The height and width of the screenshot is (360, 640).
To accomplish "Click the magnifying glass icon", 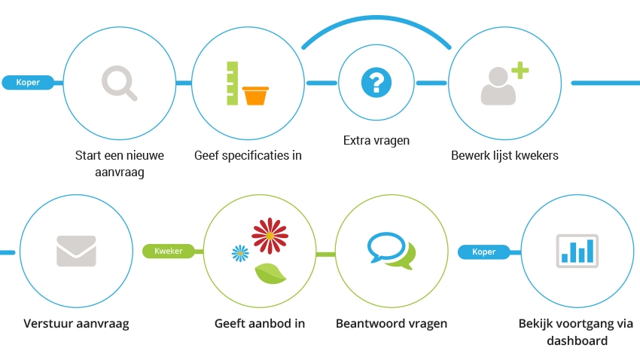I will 119,82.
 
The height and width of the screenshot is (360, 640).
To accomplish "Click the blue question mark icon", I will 376,82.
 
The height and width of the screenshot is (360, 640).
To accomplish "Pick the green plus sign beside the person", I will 520,72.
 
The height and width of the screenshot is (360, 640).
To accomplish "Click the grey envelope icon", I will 76,251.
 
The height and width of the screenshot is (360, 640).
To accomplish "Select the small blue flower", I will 240,253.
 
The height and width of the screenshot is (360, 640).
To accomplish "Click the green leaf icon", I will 270,274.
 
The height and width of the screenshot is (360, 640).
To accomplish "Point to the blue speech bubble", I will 386,245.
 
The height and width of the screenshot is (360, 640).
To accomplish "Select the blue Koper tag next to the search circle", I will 32,82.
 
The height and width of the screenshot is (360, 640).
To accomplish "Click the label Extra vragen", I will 376,140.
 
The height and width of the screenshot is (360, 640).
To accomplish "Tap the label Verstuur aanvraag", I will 76,325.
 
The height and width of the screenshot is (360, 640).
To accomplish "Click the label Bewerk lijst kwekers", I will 504,156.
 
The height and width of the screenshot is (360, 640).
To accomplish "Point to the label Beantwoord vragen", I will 392,324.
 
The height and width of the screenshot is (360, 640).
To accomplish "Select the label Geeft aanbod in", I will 260,324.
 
